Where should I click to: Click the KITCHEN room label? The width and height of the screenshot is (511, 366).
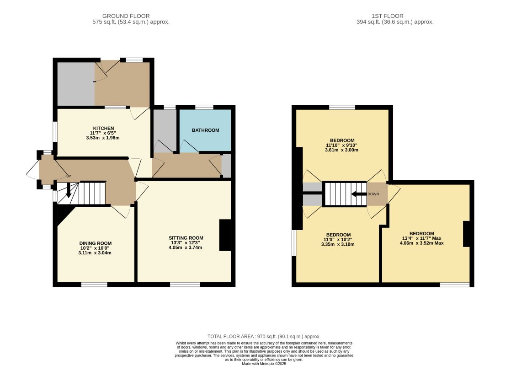(x=103, y=128)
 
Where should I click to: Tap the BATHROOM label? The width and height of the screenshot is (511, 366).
(x=205, y=130)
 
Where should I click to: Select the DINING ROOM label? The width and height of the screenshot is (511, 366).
(x=96, y=243)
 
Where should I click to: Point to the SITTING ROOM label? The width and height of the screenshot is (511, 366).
(x=186, y=238)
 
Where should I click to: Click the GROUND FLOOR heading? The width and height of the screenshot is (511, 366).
(x=126, y=16)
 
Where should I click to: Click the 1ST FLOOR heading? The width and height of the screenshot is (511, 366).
(x=388, y=16)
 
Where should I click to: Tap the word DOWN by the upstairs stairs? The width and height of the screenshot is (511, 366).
(x=373, y=194)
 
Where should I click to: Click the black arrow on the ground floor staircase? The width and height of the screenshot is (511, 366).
(x=69, y=190)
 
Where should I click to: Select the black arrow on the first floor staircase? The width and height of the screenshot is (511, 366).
(x=359, y=194)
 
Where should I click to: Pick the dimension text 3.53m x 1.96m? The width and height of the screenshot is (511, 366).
(x=103, y=138)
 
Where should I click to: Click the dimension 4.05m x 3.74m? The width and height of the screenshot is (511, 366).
(x=186, y=247)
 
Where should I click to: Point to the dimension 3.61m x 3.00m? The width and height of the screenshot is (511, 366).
(x=341, y=150)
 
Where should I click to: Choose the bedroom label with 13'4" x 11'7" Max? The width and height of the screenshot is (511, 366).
(x=422, y=234)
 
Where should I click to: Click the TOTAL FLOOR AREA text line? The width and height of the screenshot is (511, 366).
(x=264, y=336)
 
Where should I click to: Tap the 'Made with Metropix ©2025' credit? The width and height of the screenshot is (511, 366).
(x=264, y=364)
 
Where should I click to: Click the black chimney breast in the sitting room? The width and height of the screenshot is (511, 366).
(x=225, y=235)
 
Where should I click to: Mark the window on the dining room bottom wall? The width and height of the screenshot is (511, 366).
(x=94, y=285)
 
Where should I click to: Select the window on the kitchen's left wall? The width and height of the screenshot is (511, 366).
(x=55, y=132)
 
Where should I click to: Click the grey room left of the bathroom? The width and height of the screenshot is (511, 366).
(x=165, y=131)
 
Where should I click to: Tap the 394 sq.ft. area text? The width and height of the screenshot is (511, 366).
(x=395, y=22)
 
